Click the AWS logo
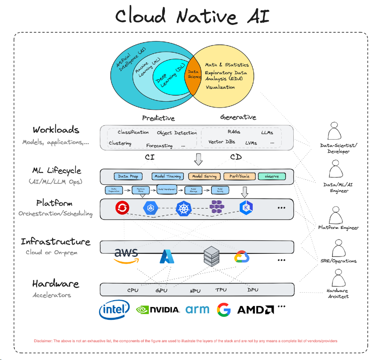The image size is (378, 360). (x=126, y=256)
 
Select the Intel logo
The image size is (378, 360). (x=114, y=308)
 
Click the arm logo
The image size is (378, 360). (x=197, y=309)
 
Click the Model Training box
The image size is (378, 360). (x=168, y=176)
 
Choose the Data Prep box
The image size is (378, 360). (x=128, y=176)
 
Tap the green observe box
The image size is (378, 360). (x=271, y=176)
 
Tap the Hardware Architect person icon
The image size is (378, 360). (x=338, y=279)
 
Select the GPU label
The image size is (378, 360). (x=161, y=290)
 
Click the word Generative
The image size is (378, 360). (x=238, y=117)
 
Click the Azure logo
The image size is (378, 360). (x=167, y=257)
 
